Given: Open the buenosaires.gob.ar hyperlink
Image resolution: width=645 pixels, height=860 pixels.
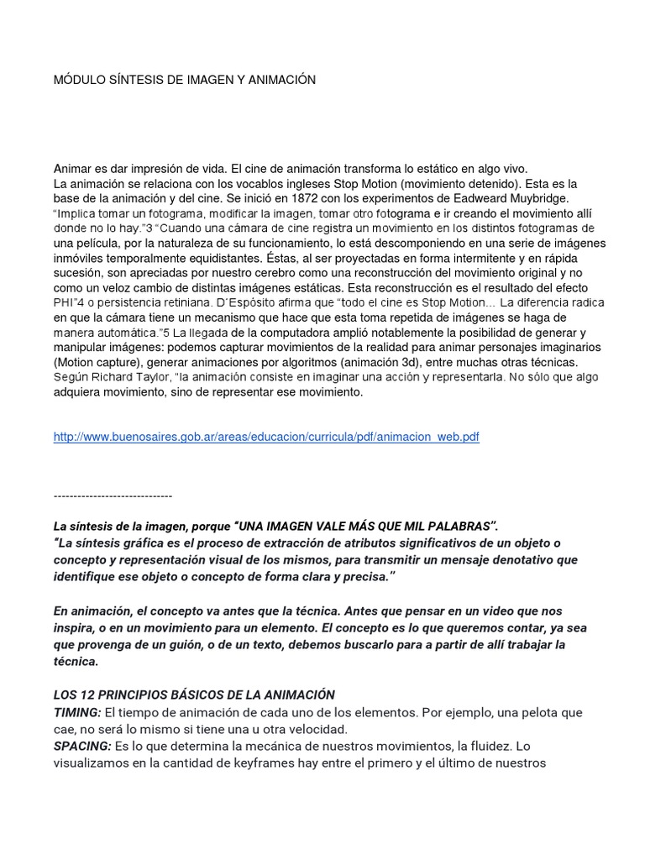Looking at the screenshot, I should [x=266, y=438].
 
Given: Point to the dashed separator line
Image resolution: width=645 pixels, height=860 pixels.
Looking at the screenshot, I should [x=113, y=496].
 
